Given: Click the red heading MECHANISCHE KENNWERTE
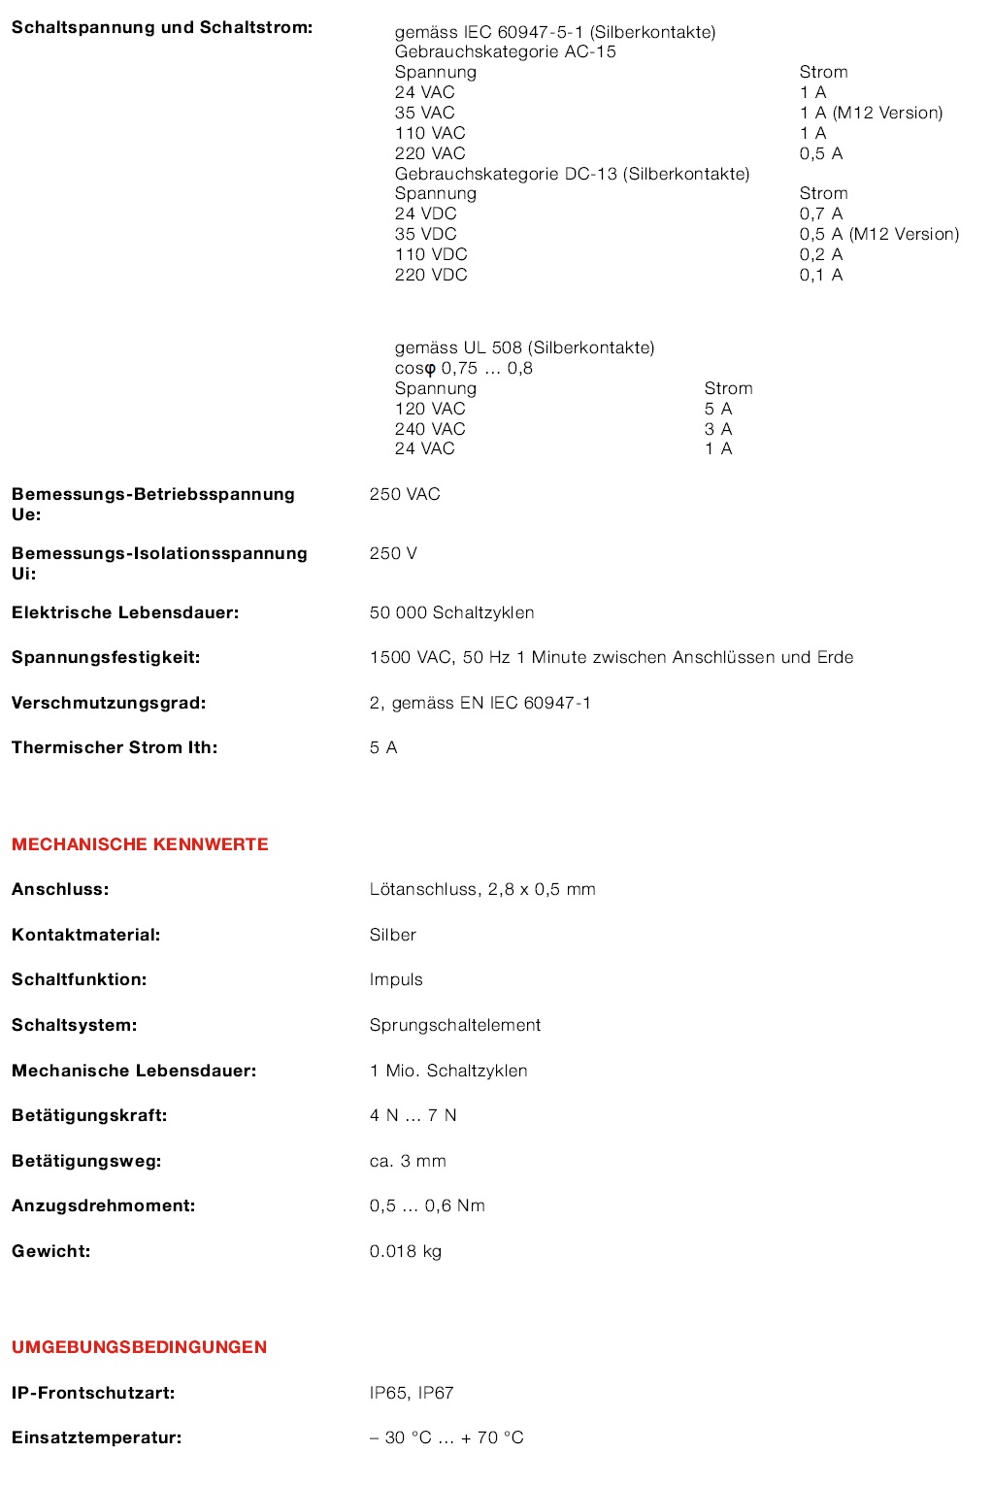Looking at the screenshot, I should (140, 844).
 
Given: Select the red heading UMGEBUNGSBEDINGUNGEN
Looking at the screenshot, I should (139, 1347).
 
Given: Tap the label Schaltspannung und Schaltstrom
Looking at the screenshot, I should (161, 27).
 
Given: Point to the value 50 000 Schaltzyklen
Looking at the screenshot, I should (451, 612).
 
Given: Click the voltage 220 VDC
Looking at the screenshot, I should (431, 275).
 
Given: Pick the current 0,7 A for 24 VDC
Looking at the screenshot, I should (821, 214).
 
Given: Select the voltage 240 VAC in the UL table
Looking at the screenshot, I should (430, 429).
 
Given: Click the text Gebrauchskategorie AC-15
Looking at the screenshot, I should (505, 51).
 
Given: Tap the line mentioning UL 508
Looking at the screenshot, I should (524, 347).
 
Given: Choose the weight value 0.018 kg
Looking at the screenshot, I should (405, 1251).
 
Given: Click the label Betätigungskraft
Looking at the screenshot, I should (89, 1115).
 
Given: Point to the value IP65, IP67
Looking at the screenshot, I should (412, 1393).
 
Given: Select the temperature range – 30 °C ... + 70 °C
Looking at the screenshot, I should (446, 1437).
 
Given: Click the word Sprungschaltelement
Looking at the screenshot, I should (454, 1025).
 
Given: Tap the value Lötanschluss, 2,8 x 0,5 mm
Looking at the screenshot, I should (482, 889).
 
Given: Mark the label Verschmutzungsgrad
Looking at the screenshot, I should (109, 703).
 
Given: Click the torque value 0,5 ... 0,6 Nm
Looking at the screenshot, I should (427, 1205).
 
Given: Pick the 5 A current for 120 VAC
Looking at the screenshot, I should (718, 409).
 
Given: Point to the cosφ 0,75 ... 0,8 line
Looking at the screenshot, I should (463, 368).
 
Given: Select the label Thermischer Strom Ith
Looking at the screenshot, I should (115, 747).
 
